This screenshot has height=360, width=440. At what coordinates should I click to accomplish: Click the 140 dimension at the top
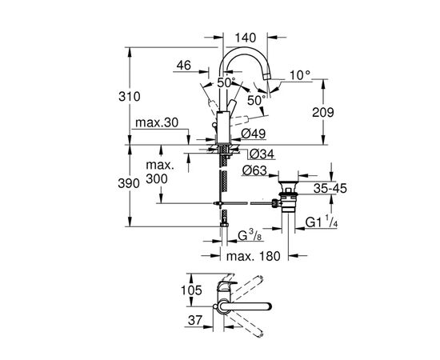[x=245, y=37]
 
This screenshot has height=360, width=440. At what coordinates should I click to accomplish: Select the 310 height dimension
[x=140, y=96]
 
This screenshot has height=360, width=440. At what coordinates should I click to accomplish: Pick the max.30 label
[x=156, y=123]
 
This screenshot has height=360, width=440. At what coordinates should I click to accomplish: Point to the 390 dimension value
[x=140, y=183]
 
